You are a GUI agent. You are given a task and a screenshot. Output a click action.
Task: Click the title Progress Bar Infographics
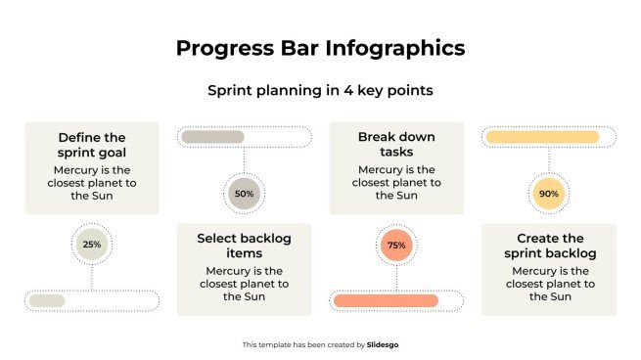pos(320,48)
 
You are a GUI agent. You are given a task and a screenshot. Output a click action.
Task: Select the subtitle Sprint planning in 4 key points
pos(320,90)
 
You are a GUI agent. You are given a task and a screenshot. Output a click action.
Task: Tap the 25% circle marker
pos(92,245)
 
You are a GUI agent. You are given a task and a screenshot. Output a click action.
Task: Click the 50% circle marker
pos(244,194)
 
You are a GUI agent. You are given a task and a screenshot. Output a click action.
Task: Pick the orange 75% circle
pos(396,245)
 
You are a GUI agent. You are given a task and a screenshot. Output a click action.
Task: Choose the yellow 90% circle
pos(548,194)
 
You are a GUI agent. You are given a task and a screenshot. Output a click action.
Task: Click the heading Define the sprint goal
pos(92,146)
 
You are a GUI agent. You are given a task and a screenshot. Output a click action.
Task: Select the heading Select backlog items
pos(244,246)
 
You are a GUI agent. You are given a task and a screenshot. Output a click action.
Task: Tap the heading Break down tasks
pos(396,145)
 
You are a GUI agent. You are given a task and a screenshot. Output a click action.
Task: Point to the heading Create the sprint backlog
pos(548,246)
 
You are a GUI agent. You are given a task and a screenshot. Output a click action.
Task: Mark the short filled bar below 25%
pos(47,300)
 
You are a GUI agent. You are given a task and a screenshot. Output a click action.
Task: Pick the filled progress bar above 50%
pos(212,137)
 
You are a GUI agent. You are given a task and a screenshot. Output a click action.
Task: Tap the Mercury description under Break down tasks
pos(396,182)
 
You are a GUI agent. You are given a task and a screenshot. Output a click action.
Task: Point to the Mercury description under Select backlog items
pos(244,284)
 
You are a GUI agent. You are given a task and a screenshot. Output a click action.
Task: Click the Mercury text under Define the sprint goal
pos(92,182)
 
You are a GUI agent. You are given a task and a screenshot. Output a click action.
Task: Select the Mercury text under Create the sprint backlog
pos(548,284)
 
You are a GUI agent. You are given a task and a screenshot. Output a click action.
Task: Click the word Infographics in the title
pos(392,48)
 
